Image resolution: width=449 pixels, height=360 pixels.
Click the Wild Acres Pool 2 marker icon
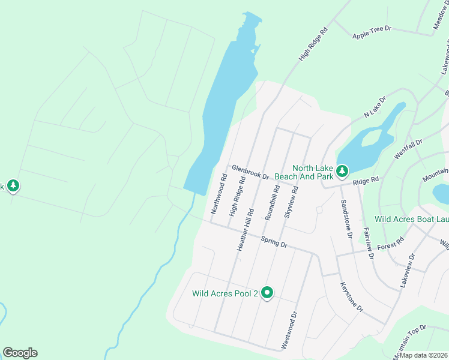point(267,293)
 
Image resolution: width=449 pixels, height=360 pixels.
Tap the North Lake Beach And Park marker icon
point(342,172)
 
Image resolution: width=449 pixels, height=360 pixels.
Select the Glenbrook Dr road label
point(250,172)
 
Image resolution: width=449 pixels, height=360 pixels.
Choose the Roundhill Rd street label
point(272,205)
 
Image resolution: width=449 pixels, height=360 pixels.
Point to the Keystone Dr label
point(352,297)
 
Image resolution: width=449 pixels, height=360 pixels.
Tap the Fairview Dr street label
point(369,238)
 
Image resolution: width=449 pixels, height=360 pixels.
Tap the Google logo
point(20,353)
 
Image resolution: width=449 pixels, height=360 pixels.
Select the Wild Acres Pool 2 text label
point(224,294)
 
